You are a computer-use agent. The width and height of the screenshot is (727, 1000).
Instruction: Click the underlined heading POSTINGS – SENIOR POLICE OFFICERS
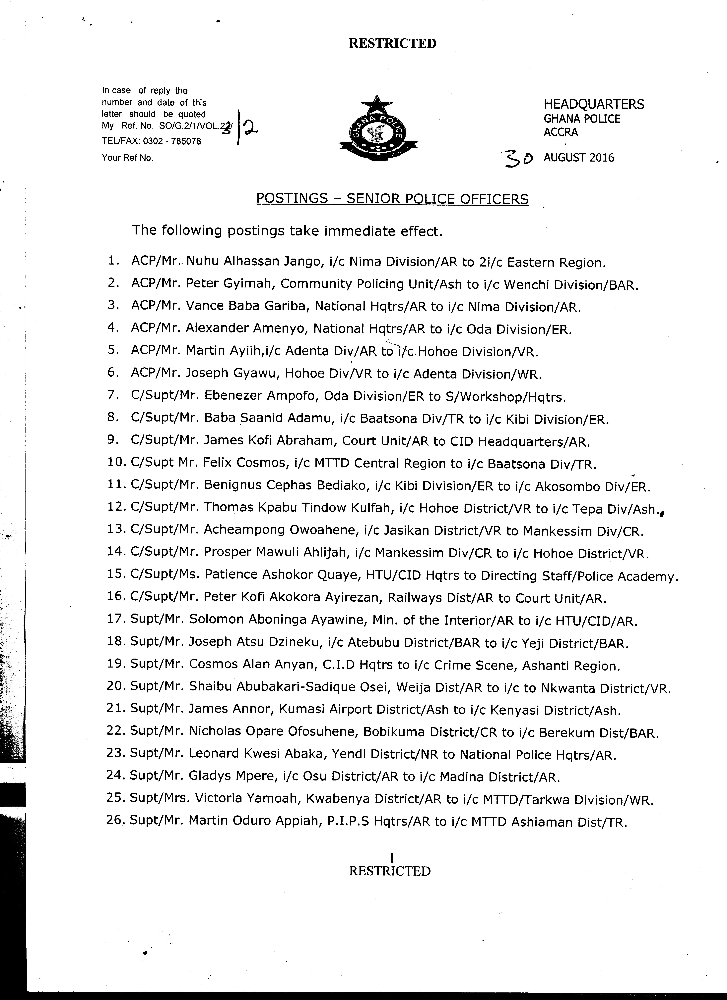click(392, 199)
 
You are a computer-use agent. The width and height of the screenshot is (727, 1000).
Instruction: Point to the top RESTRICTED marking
click(392, 43)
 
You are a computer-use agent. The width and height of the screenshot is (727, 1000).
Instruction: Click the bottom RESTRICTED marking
click(390, 871)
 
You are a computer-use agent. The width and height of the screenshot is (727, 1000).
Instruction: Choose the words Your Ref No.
click(127, 158)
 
